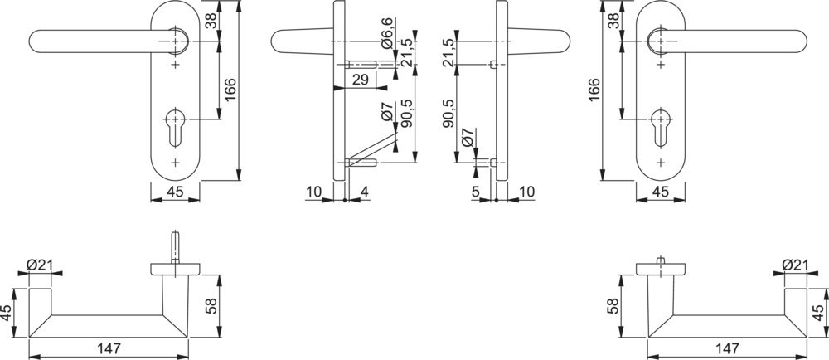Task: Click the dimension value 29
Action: coord(360,80)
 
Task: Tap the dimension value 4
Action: coord(364,192)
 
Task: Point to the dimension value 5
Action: coord(475,192)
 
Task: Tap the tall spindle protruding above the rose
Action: coord(175,247)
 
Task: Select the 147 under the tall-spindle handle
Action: coord(109,348)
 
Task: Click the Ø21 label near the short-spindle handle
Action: coord(795,265)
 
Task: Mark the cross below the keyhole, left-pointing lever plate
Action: coord(175,162)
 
